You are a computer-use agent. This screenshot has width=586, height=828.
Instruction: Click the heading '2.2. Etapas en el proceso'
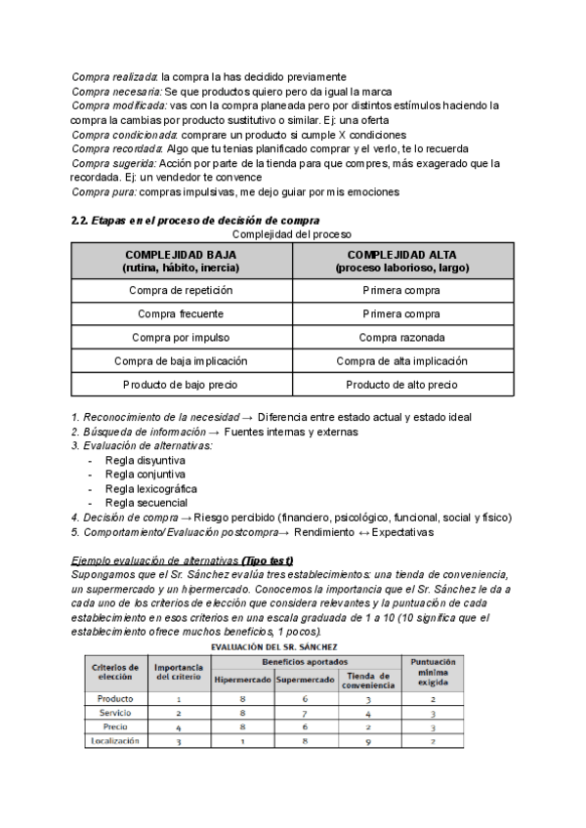[x=195, y=221]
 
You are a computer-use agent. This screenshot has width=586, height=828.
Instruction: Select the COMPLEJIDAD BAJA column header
[x=181, y=260]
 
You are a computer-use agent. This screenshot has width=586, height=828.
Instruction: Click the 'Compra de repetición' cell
[x=181, y=290]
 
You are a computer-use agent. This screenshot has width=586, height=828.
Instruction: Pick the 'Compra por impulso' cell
[x=181, y=337]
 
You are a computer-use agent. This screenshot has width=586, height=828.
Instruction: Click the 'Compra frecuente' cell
[x=181, y=313]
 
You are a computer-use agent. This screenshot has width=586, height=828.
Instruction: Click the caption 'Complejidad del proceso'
[x=292, y=234]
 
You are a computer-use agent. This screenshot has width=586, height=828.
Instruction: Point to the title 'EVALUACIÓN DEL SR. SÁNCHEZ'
[x=276, y=645]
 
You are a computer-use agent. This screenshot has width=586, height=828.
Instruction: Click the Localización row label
[x=116, y=740]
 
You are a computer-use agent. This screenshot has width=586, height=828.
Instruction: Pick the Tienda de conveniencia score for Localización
[x=367, y=740]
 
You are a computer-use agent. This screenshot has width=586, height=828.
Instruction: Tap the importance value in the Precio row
[x=178, y=726]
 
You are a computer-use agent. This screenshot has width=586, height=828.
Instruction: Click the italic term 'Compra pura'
[x=101, y=192]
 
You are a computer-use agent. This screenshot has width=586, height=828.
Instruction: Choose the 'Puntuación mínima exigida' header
[x=433, y=672]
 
